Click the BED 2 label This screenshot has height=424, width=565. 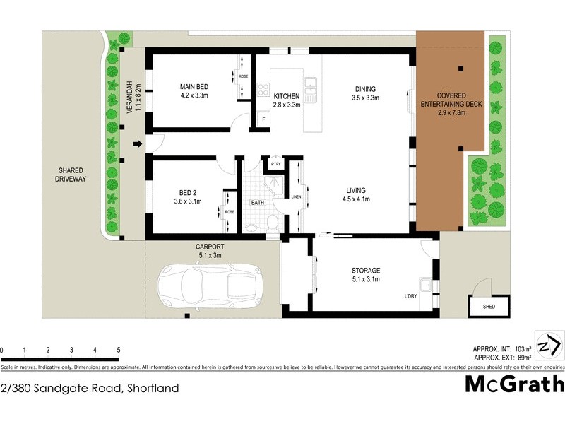(187, 196)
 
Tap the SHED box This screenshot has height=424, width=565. (489, 307)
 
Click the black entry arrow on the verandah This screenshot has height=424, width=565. (138, 145)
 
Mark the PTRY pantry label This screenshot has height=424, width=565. (275, 165)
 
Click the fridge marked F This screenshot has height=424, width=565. (263, 119)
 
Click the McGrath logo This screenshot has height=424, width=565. (515, 384)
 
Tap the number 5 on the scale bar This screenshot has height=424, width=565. (118, 350)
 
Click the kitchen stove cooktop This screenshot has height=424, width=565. (263, 90)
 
